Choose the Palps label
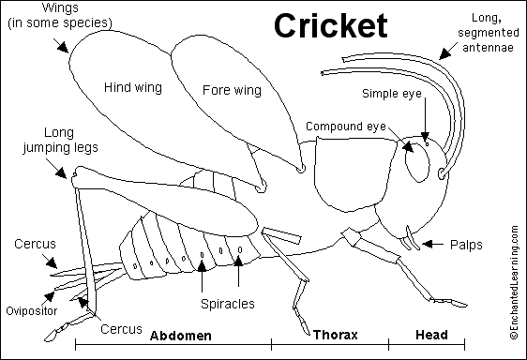pyautogui.click(x=465, y=245)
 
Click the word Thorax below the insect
pyautogui.click(x=335, y=335)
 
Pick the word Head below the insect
pyautogui.click(x=430, y=335)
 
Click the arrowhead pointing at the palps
pyautogui.click(x=427, y=245)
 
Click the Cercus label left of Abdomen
pyautogui.click(x=123, y=329)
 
